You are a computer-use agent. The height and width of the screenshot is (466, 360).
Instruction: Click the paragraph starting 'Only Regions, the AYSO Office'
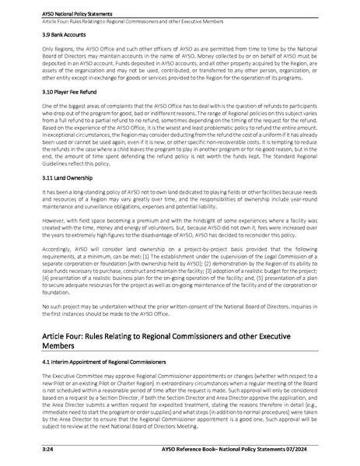point(180,63)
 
